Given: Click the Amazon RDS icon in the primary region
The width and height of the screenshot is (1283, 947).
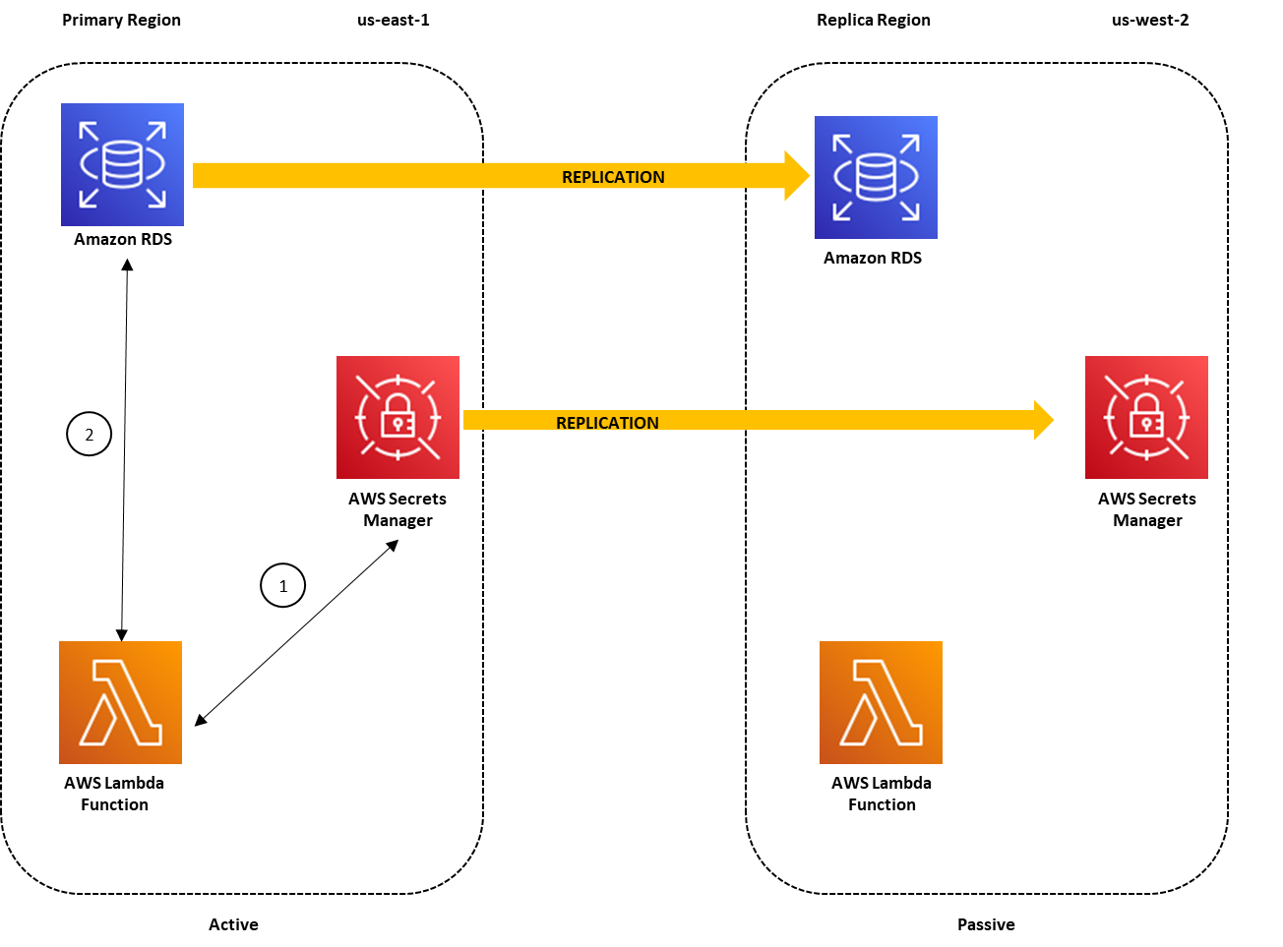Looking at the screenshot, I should click(122, 164).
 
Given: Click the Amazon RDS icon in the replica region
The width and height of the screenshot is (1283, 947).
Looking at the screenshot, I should click(876, 177).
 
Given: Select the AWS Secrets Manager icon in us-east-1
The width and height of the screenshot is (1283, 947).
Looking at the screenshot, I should click(397, 417).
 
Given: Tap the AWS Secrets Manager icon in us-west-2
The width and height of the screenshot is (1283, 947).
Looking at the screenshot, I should click(1146, 417).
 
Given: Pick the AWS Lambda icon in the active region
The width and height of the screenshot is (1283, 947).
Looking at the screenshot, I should click(120, 702).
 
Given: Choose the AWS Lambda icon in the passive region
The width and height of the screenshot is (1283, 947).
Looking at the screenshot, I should click(881, 702).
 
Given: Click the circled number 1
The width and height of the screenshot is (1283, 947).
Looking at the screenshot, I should click(282, 585).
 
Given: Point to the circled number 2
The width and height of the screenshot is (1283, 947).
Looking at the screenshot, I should click(89, 434).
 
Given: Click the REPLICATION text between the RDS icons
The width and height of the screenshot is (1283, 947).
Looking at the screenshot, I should click(613, 177).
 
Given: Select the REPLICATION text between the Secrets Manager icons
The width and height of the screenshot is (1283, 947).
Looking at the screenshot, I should click(607, 423).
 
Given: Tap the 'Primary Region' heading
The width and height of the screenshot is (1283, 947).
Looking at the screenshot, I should click(121, 20).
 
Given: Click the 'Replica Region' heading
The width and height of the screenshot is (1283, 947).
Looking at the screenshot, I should click(873, 20).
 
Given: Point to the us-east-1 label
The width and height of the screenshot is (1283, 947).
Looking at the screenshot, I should click(393, 20).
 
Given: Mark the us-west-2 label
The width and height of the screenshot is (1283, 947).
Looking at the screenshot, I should click(1149, 20).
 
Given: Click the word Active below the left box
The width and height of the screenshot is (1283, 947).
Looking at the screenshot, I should click(233, 924).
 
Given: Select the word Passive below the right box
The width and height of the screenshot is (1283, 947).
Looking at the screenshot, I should click(986, 924).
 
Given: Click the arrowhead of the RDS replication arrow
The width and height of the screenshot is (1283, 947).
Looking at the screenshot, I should click(796, 176).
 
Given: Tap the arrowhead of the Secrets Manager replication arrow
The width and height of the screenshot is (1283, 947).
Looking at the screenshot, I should click(1043, 420).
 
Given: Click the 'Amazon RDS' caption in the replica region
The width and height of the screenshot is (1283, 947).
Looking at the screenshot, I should click(873, 258).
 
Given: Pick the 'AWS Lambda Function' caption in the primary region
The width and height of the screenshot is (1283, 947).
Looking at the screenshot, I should click(114, 794).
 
